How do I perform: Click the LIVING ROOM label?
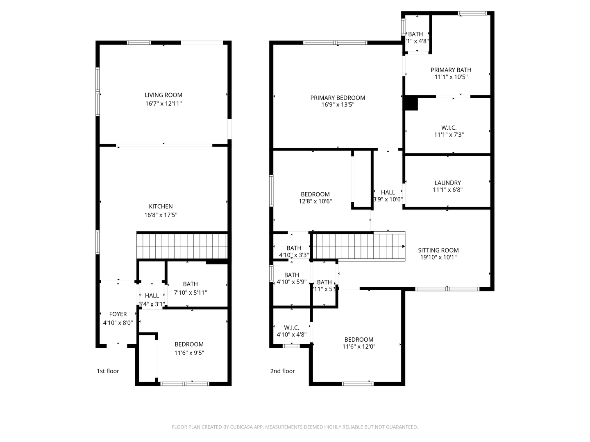(163, 95)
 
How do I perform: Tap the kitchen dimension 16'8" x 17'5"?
(161, 215)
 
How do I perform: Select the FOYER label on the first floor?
(118, 314)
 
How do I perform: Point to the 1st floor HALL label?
(152, 295)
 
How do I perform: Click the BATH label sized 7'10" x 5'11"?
(190, 284)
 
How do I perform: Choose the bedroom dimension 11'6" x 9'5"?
(189, 353)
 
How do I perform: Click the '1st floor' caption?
(108, 371)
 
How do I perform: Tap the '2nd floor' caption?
(282, 371)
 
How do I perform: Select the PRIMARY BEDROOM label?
(338, 98)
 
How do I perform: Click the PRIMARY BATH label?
(451, 70)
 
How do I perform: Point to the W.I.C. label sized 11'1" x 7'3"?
(449, 128)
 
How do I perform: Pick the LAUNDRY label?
(447, 183)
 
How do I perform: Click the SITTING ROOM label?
(438, 250)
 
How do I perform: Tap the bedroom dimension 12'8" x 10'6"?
(315, 201)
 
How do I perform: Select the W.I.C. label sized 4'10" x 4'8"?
(291, 328)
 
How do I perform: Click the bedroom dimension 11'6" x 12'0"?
(359, 347)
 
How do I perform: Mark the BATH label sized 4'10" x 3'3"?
(294, 248)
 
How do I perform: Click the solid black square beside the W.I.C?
(411, 103)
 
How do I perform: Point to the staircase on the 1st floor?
(182, 246)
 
